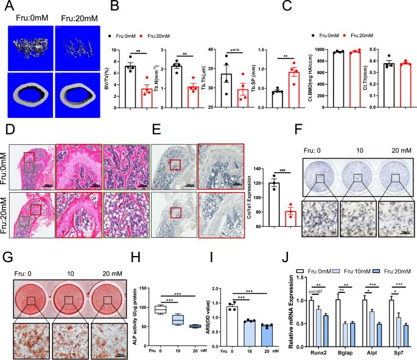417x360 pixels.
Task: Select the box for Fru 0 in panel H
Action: (x=161, y=310)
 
